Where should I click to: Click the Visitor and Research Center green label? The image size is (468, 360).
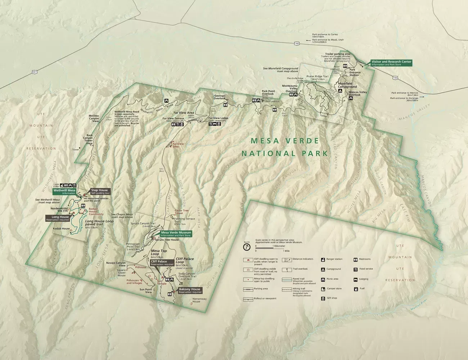click(391, 63)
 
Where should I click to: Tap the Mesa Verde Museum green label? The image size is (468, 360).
click(176, 234)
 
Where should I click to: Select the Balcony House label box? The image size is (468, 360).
click(190, 290)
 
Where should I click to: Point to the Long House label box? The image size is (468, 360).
click(57, 218)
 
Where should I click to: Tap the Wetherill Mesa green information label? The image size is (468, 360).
click(64, 191)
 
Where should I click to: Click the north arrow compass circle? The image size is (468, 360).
click(246, 247)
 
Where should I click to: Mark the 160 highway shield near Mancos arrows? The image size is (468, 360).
click(395, 77)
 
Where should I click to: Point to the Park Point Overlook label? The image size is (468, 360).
click(268, 93)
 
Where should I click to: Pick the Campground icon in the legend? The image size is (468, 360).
click(323, 269)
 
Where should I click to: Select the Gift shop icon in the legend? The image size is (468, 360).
click(323, 298)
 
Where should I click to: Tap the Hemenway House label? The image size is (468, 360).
click(199, 300)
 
